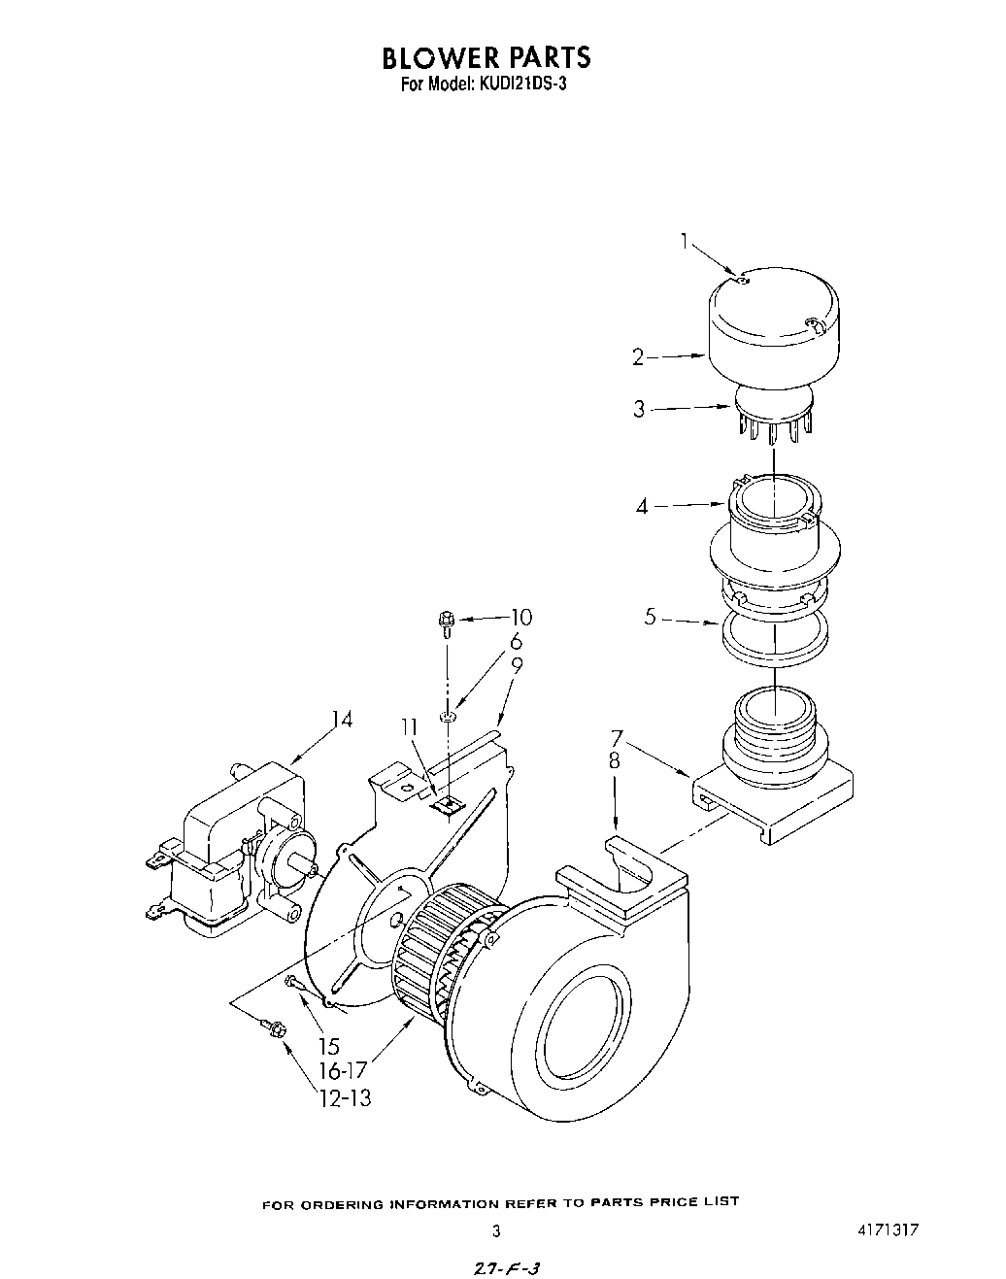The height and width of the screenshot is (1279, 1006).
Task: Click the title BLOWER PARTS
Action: click(x=486, y=57)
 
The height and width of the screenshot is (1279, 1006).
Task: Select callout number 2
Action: click(x=638, y=357)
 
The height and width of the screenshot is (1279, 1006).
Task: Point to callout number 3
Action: click(x=639, y=409)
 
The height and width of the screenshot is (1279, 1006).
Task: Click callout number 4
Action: click(x=642, y=506)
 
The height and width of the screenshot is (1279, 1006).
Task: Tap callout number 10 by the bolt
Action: click(x=521, y=617)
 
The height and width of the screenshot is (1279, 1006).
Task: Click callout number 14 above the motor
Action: click(x=341, y=720)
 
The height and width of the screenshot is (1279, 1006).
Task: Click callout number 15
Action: click(x=329, y=1047)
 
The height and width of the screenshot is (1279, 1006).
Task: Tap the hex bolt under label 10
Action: click(x=447, y=620)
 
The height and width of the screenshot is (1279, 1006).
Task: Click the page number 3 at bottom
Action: click(x=496, y=1230)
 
